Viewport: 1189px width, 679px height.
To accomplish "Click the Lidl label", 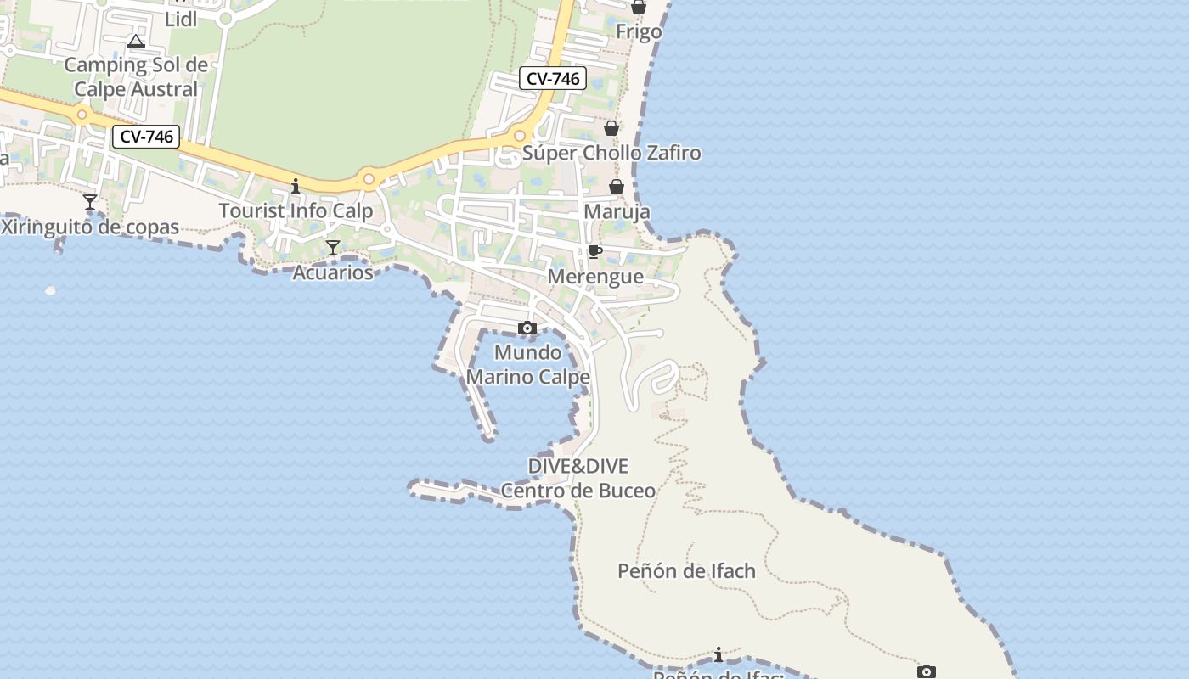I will point(180,19).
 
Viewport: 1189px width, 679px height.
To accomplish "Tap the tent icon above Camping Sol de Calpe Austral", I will point(135,41).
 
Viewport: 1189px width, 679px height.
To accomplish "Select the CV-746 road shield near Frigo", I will point(553,79).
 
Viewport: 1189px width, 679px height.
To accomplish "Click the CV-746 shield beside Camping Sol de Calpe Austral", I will point(147,137).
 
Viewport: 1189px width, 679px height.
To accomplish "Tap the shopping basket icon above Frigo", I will point(639,8).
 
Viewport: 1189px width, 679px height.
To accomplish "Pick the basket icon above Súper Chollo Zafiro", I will point(611,128).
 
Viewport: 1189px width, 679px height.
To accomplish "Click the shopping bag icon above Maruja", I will point(617,187).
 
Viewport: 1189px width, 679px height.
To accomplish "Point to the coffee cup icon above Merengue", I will point(594,251).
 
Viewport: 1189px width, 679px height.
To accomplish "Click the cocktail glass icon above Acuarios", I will point(333,247).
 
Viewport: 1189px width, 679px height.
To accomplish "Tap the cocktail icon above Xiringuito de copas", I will point(90,202).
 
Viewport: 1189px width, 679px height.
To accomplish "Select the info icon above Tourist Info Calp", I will point(296,185).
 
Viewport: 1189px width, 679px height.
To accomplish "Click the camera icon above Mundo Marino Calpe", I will point(527,328).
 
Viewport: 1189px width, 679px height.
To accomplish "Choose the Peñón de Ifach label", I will point(686,570).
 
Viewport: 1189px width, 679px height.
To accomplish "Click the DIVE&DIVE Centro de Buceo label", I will point(578,478).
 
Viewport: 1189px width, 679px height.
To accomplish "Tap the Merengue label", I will point(594,277).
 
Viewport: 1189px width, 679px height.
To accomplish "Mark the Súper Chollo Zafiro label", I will point(611,153).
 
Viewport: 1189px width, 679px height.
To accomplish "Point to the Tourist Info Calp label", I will point(296,210).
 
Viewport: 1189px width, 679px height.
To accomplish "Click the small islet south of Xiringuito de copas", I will point(50,291).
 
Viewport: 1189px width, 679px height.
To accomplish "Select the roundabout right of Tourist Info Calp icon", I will point(369,179).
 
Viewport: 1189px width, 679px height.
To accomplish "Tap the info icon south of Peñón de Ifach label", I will point(718,654).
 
